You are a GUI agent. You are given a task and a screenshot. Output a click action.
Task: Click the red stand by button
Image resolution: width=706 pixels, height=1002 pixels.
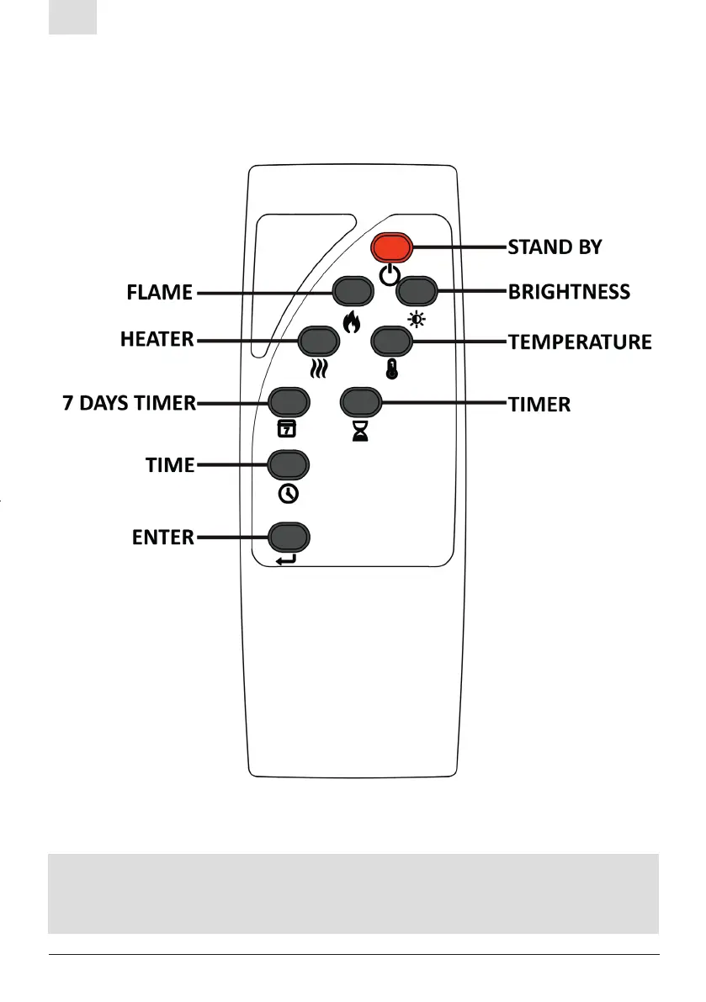[392, 247]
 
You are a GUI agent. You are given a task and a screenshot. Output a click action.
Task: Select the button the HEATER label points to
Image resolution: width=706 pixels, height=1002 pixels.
[318, 341]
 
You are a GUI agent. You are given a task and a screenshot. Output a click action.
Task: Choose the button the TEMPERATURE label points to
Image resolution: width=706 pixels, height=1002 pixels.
[391, 341]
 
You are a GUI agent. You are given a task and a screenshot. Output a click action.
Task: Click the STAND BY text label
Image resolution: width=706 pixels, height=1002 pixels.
[555, 247]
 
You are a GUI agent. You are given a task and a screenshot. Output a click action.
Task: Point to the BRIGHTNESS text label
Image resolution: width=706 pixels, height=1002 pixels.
[569, 292]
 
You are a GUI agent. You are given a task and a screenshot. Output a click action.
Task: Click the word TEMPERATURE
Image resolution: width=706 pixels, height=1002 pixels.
[580, 342]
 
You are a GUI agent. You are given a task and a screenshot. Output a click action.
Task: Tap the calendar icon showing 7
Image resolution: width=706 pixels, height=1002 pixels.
[287, 430]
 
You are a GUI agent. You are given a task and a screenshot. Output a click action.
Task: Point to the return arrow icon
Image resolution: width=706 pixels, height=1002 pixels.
[286, 559]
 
